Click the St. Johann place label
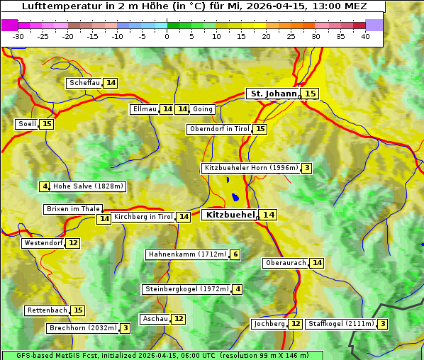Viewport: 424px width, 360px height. pos(273,94)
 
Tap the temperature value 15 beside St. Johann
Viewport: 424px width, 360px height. pos(311,94)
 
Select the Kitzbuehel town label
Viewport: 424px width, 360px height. pos(229,215)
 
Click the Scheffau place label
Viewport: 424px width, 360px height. pos(85,83)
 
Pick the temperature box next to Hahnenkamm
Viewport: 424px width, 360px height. pos(235,254)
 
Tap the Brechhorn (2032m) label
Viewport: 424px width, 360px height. pos(82,328)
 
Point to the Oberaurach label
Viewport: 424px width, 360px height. pos(285,263)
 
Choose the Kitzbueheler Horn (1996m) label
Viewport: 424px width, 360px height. pos(250,168)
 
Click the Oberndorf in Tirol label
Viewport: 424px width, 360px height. pos(219,129)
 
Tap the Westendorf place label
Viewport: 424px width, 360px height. pos(43,243)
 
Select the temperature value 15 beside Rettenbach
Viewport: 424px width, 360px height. pos(78,310)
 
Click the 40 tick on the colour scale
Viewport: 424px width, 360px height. pos(365,36)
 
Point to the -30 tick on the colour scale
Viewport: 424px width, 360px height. pos(18,36)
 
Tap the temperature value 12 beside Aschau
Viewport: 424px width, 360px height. pos(179,319)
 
